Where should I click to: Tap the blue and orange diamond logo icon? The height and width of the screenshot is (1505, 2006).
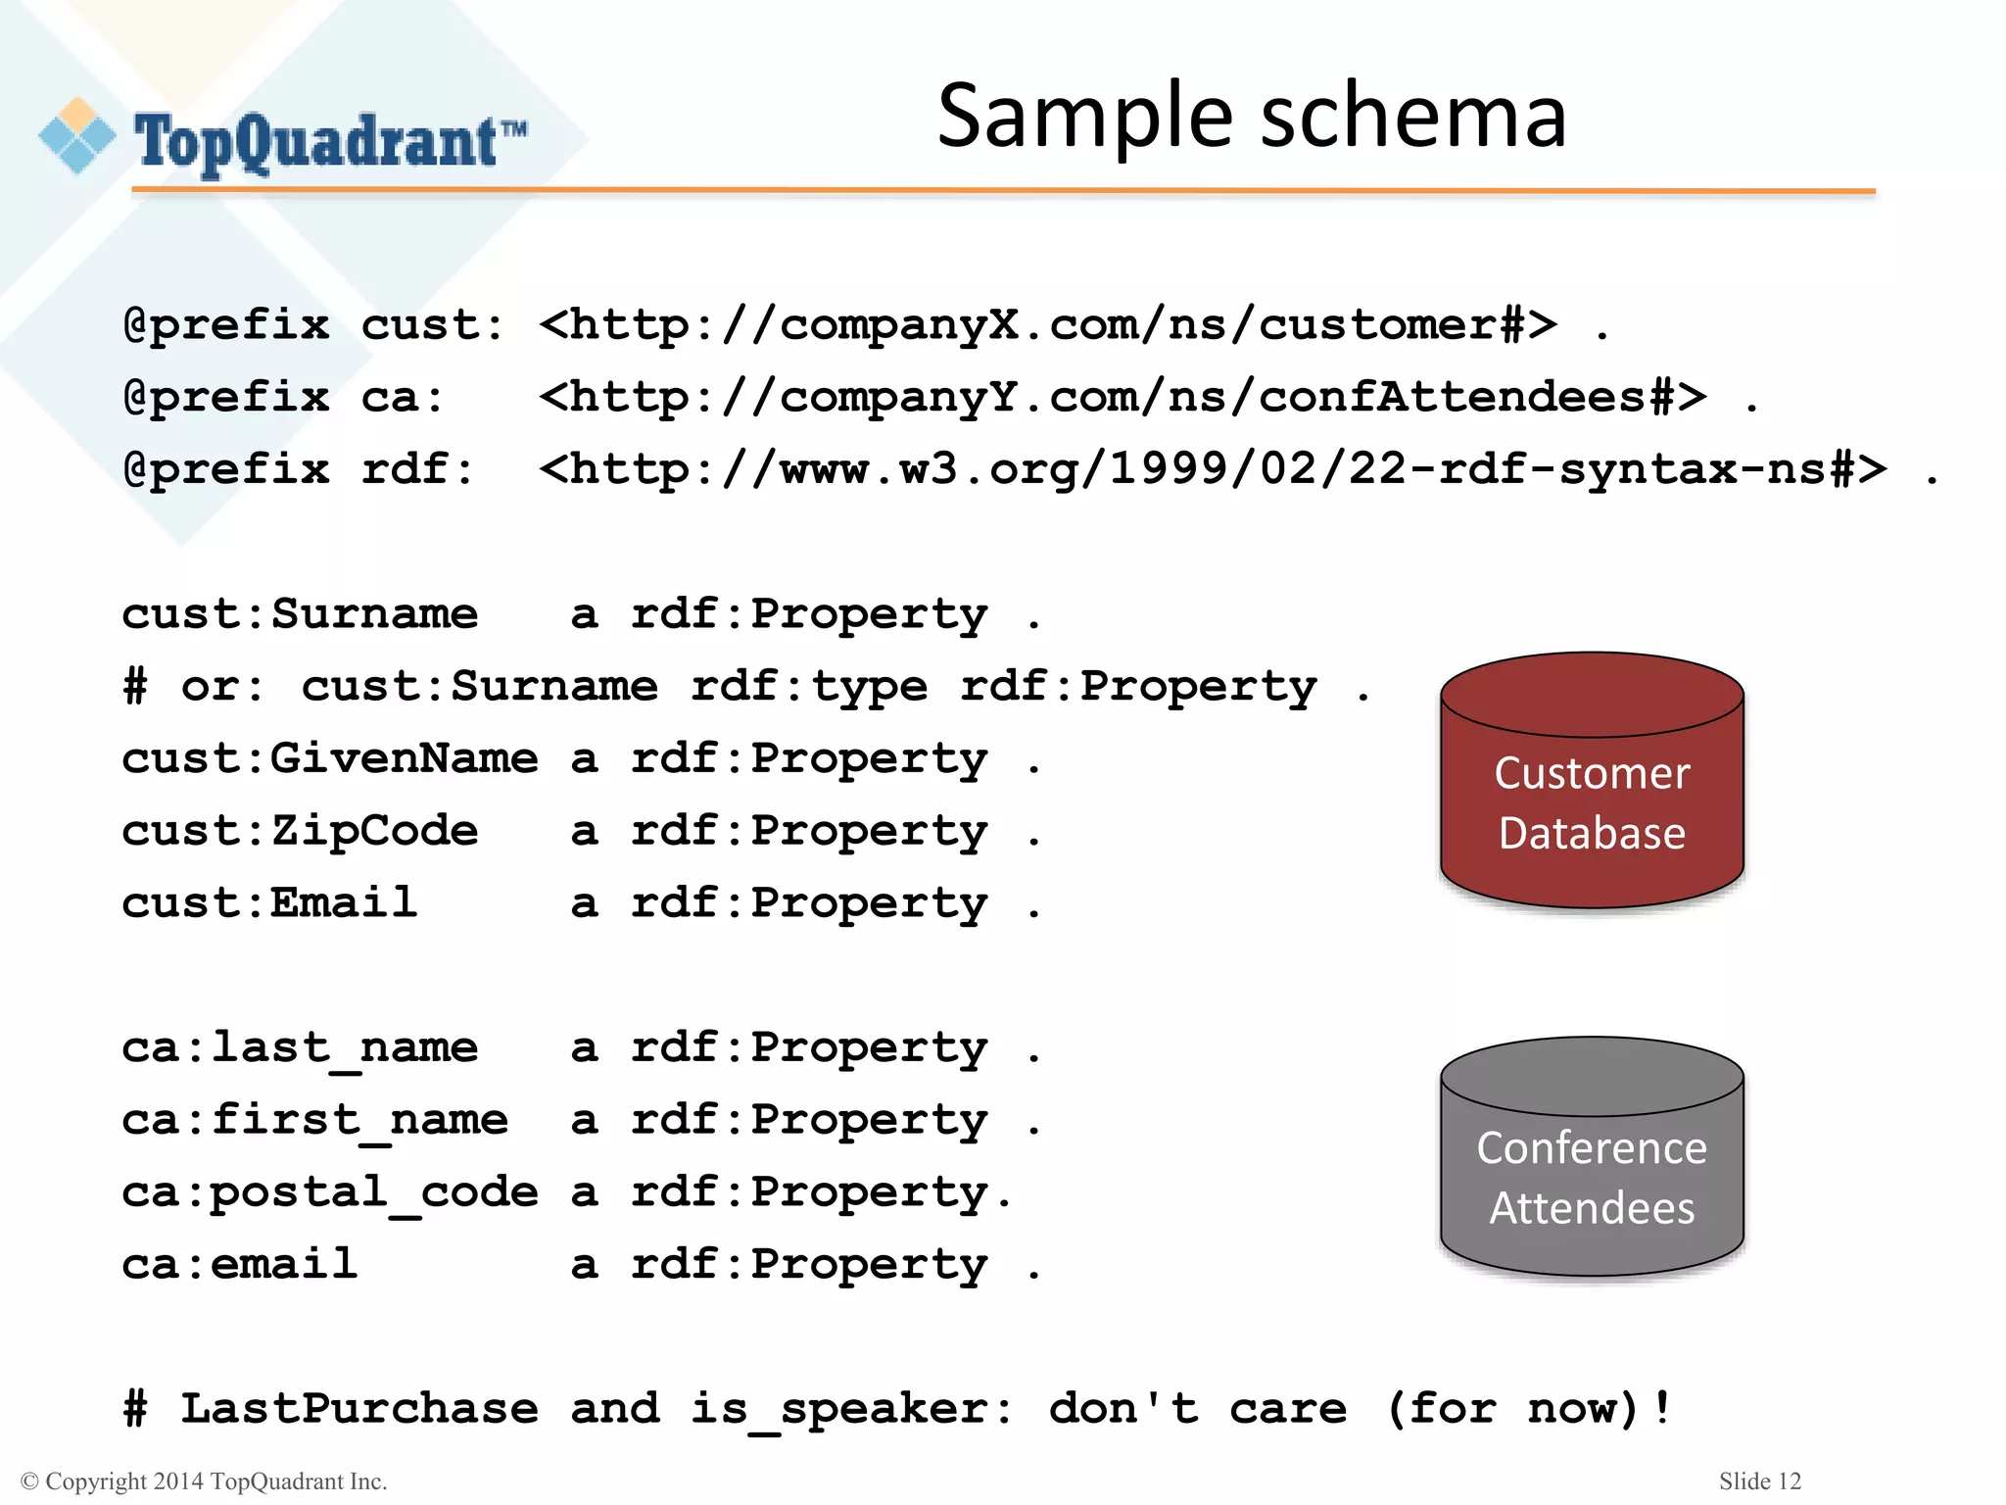point(76,136)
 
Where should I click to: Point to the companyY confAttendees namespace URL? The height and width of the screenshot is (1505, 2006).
point(1122,397)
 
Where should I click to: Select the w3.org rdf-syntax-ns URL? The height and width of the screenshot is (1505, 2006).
point(1212,469)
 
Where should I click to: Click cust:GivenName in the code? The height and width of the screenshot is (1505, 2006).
point(329,758)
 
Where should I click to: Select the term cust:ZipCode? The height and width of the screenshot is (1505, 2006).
point(300,831)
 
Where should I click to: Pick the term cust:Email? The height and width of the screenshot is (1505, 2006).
point(269,902)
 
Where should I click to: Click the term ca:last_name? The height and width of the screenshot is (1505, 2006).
point(300,1048)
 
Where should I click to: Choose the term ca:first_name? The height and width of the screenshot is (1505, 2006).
point(314,1120)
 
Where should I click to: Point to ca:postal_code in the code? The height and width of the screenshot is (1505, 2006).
point(329,1192)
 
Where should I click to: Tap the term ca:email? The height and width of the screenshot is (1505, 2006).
point(239,1264)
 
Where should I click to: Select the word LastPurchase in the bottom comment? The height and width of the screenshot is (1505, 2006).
point(359,1409)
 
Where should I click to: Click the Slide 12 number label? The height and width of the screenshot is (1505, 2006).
point(1759,1481)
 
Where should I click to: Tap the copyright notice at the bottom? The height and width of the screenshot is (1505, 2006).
point(204,1481)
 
